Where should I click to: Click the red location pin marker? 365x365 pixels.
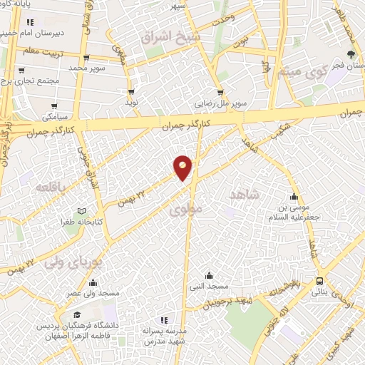coord(183,167)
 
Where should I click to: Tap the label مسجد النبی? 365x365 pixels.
coord(209,287)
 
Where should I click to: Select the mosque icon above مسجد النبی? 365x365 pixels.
coord(209,275)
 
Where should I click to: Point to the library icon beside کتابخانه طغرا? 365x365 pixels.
coord(82,211)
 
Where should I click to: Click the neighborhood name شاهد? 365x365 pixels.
coord(244,194)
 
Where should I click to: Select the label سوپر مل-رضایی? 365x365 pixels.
coord(221,103)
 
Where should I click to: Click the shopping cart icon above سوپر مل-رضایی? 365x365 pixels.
coord(221,92)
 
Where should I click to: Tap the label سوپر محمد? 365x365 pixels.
coord(86,68)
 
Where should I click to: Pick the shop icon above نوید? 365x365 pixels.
coord(132,92)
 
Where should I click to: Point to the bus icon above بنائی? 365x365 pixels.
coord(319,281)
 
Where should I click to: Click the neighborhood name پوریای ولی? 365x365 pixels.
coord(73,262)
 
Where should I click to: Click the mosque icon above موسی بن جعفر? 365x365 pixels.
coord(293,197)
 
